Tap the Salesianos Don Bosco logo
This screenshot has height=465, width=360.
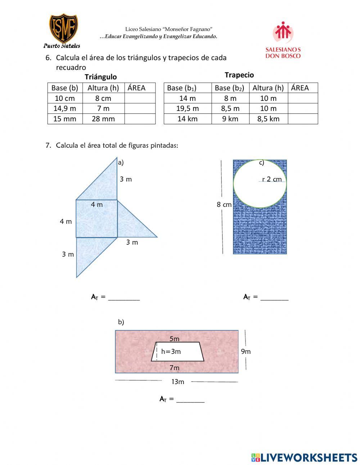283,40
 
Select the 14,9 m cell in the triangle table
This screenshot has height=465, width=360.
65,108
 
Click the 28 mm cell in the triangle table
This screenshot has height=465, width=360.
103,119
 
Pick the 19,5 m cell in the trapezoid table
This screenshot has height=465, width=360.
187,108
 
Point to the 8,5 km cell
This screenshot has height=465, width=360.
268,119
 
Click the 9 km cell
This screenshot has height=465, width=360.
230,119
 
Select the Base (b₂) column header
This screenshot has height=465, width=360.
230,88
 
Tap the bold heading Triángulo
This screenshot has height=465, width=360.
101,77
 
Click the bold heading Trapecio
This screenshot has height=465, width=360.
239,75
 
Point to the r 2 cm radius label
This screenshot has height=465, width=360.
272,179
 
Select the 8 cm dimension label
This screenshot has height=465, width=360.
224,205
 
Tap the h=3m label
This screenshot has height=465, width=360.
171,352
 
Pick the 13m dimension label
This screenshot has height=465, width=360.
177,382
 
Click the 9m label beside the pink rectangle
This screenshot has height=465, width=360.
246,352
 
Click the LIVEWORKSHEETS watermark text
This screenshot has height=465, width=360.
309,457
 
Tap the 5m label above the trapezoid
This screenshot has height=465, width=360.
174,339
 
